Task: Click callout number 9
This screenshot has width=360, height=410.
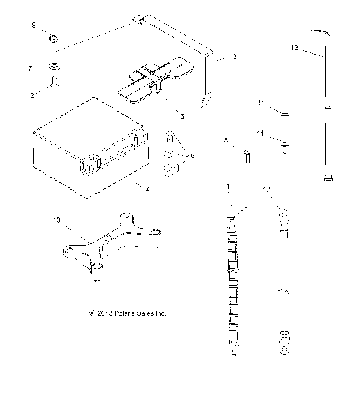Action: coord(33,25)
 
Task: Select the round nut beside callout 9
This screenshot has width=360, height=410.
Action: coord(54,37)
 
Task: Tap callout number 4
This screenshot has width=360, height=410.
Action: coord(147,190)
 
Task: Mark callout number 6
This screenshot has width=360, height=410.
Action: coord(193,154)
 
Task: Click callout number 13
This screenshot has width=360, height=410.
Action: coord(294,47)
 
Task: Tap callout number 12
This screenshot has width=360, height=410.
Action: coord(265,190)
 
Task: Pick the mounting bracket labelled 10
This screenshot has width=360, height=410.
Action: coord(112,244)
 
